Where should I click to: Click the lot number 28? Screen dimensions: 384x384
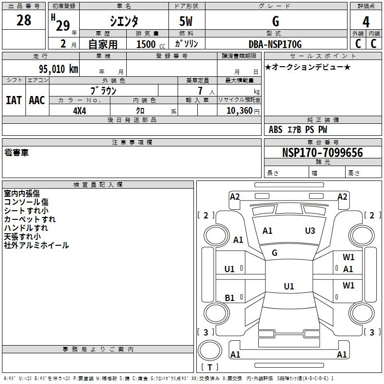[x=24, y=20]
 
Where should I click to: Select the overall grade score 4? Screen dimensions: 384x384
[x=366, y=22]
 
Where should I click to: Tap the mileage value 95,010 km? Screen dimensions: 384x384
[x=58, y=69]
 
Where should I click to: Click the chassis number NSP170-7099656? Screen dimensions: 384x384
[x=322, y=153]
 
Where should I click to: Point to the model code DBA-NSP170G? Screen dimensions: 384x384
[x=275, y=44]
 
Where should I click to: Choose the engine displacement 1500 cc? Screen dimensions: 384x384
[x=151, y=44]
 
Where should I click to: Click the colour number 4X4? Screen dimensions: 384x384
[x=80, y=111]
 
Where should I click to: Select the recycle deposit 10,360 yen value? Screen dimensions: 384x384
[x=243, y=111]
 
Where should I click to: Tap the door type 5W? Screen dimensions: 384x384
[x=186, y=21]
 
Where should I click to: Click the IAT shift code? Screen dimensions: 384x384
[x=13, y=100]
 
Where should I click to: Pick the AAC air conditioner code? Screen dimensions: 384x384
[x=37, y=100]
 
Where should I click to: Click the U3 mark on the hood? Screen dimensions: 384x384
[x=310, y=230]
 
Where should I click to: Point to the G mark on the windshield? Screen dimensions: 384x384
[x=275, y=253]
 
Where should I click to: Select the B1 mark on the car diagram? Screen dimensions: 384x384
[x=229, y=298]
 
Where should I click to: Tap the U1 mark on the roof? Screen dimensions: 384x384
[x=289, y=286]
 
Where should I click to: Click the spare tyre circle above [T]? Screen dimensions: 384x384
[x=210, y=350]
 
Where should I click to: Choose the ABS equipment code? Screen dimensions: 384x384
[x=276, y=130]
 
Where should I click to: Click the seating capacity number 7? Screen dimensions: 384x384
[x=200, y=91]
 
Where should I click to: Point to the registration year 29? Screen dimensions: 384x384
[x=63, y=25]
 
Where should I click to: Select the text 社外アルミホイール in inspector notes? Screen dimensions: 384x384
[x=36, y=245]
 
